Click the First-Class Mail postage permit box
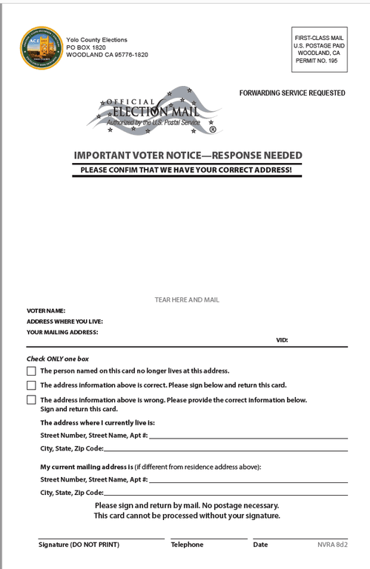click(319, 49)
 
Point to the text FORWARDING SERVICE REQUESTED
click(291, 93)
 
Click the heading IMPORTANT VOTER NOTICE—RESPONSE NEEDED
click(188, 156)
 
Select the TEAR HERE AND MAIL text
click(187, 300)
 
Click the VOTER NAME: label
click(46, 310)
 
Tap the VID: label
click(282, 340)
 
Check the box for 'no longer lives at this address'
click(31, 370)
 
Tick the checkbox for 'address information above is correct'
click(31, 385)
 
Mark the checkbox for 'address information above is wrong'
click(31, 400)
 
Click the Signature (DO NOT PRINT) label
click(79, 545)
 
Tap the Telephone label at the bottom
click(187, 545)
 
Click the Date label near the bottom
click(260, 545)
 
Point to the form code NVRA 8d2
click(332, 545)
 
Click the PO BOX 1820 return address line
click(86, 47)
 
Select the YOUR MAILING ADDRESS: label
click(62, 333)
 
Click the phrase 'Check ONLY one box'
click(58, 359)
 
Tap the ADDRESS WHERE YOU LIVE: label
click(65, 322)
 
